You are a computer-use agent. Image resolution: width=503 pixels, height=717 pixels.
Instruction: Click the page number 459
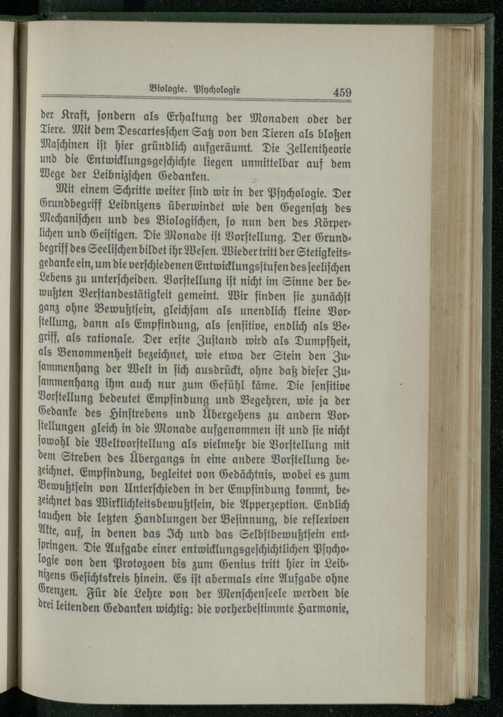click(342, 93)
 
